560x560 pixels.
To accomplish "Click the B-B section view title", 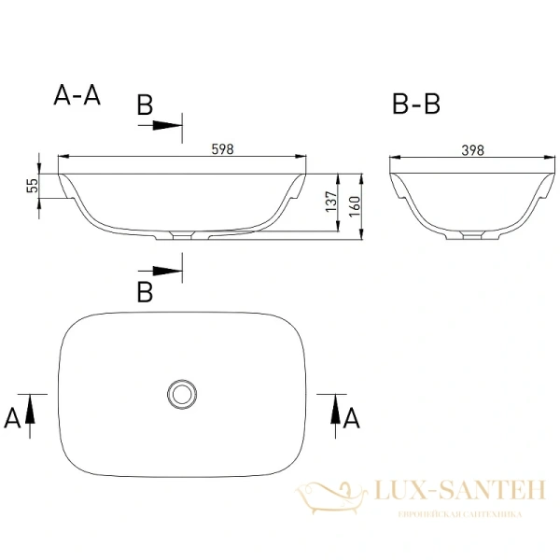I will pyautogui.click(x=415, y=105).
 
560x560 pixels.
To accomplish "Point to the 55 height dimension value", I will pyautogui.click(x=31, y=186).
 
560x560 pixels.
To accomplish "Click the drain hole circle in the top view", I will pyautogui.click(x=181, y=394).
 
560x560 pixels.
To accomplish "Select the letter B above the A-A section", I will pyautogui.click(x=145, y=105).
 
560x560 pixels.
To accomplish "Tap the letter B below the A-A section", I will pyautogui.click(x=145, y=292).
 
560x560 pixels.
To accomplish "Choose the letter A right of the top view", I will pyautogui.click(x=352, y=417).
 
